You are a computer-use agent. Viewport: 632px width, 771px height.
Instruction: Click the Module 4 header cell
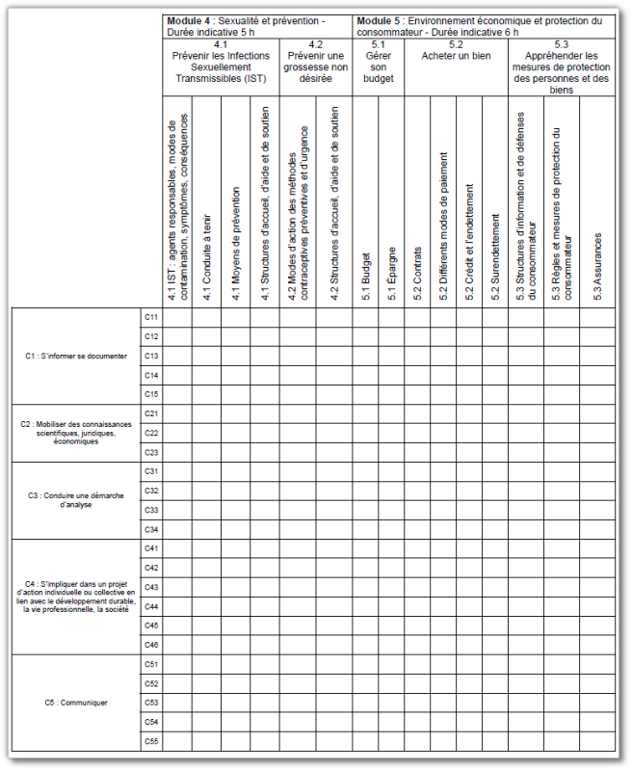click(x=257, y=26)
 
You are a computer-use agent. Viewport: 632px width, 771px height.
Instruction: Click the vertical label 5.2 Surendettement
click(x=495, y=261)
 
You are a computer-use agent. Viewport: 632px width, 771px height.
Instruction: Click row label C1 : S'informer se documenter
click(x=76, y=356)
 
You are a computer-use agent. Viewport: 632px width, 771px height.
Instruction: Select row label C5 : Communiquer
click(x=76, y=703)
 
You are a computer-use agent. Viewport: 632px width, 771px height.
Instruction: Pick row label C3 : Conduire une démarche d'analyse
click(x=76, y=499)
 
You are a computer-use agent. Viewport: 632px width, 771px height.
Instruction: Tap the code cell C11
click(x=151, y=317)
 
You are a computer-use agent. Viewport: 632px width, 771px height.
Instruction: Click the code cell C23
click(x=151, y=452)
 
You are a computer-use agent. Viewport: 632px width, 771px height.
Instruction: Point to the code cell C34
click(x=151, y=529)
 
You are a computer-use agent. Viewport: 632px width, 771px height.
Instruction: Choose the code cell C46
click(x=151, y=645)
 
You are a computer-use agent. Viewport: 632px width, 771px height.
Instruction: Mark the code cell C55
click(x=151, y=741)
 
